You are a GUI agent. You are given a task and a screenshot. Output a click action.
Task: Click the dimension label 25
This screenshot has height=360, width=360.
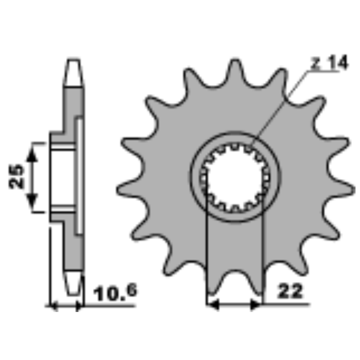pos(16,176)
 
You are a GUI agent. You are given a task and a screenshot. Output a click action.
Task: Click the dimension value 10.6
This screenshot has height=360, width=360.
pos(115,292)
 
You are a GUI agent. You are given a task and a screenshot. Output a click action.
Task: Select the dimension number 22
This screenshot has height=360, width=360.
pos(290,291)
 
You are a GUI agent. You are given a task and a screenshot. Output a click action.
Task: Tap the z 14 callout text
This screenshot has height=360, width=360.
pos(330,62)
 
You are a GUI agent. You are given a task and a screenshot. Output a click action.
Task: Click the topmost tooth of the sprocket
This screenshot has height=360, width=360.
pos(235,69)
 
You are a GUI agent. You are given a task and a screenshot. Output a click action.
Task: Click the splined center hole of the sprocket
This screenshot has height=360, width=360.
pos(235,177)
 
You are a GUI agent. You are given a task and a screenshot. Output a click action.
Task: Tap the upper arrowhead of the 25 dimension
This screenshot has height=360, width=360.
pos(32,153)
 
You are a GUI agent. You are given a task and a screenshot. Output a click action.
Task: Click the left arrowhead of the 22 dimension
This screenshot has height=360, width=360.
pos(213,305)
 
